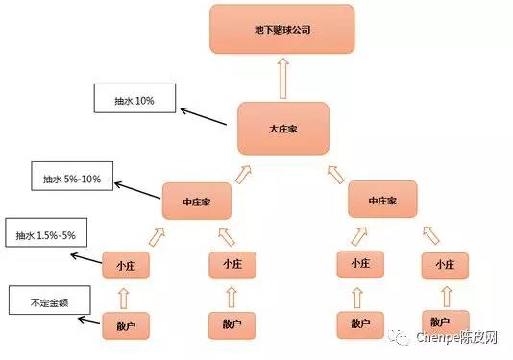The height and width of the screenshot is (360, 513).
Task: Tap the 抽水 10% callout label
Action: click(135, 99)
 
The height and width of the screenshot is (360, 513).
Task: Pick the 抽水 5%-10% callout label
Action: click(72, 178)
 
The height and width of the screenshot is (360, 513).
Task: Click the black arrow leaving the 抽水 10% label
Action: click(208, 116)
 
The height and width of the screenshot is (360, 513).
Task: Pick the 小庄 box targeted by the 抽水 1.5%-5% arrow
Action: click(126, 263)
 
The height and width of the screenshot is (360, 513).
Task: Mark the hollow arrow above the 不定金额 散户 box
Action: click(125, 295)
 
